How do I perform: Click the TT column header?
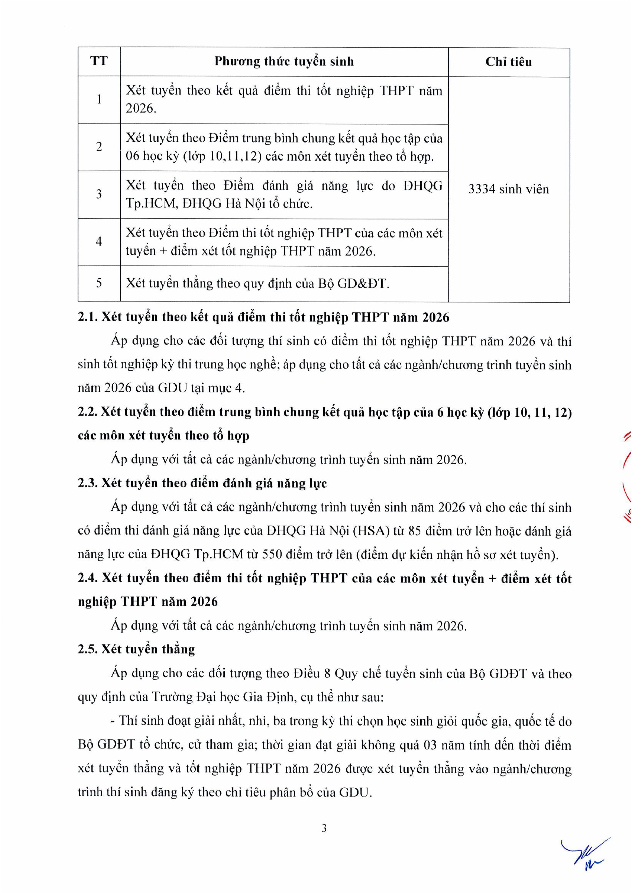pos(99,61)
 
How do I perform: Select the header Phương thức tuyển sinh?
pos(284,61)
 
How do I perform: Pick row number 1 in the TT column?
pos(99,100)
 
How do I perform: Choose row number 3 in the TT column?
pos(99,194)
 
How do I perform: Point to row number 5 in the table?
pos(99,283)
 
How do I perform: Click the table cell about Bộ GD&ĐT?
pos(257,284)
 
